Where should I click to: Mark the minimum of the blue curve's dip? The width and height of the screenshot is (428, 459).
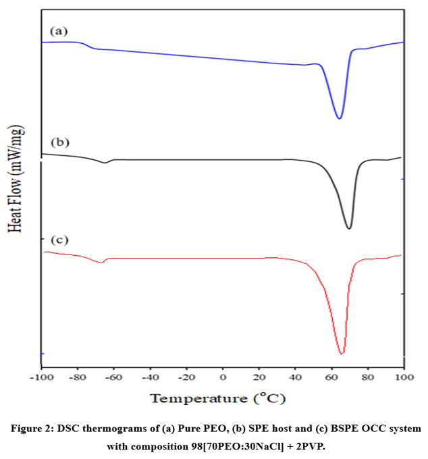tap(339, 119)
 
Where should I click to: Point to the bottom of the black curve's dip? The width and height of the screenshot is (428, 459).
tap(349, 228)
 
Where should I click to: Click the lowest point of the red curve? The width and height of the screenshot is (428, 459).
tap(342, 353)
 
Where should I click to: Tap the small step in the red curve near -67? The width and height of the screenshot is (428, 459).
tap(101, 262)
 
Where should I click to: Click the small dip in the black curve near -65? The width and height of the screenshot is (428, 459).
tap(105, 163)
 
